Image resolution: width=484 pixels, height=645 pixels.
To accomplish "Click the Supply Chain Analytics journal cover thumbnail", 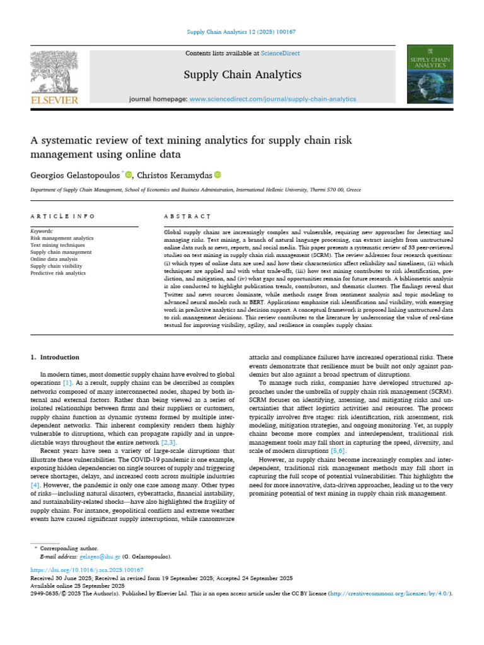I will click(x=430, y=74).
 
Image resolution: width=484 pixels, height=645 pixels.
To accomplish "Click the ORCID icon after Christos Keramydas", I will click(x=217, y=174).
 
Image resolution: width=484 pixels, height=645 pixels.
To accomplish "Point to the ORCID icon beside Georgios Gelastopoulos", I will click(x=129, y=174).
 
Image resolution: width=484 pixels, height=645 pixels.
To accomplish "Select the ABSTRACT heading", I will click(x=187, y=216).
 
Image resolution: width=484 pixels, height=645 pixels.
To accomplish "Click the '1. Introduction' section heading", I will click(x=55, y=357).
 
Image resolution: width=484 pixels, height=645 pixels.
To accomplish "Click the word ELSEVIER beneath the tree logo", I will click(x=55, y=100).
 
